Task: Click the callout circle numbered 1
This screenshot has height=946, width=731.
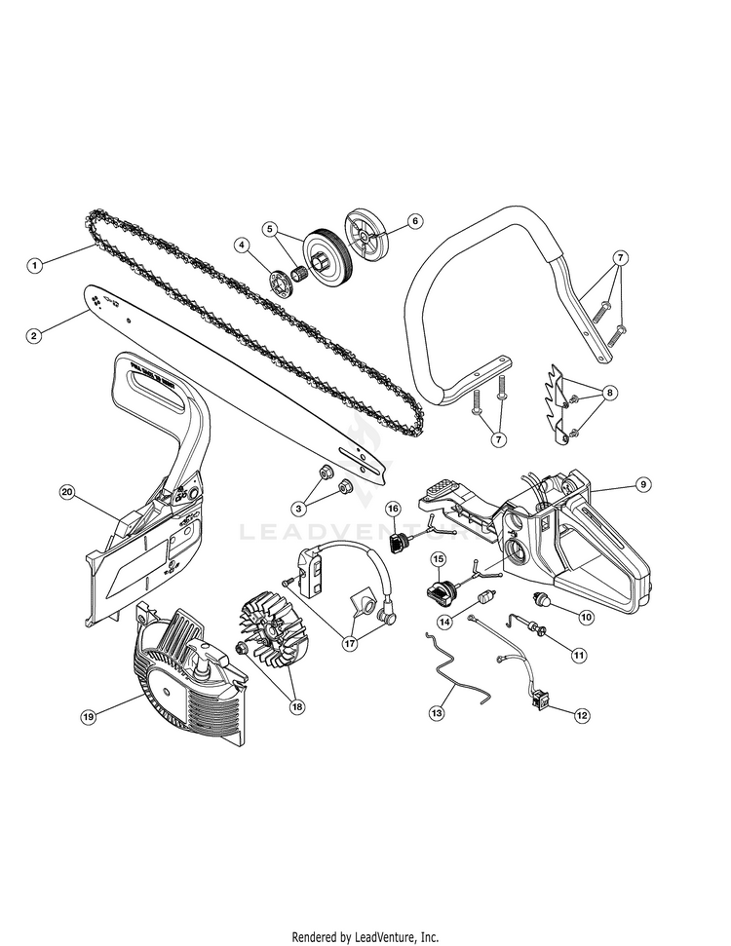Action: pos(34,264)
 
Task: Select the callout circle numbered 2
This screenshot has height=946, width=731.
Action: pos(34,335)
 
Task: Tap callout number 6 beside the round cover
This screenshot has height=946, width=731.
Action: pos(415,221)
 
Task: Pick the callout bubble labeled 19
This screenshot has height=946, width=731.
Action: pos(88,716)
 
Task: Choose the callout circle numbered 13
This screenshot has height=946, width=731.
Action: pos(436,713)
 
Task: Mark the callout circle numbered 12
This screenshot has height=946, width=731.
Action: pos(582,715)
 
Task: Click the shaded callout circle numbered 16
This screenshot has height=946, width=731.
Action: pos(393,509)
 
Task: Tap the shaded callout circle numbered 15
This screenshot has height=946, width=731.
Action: pos(439,559)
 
